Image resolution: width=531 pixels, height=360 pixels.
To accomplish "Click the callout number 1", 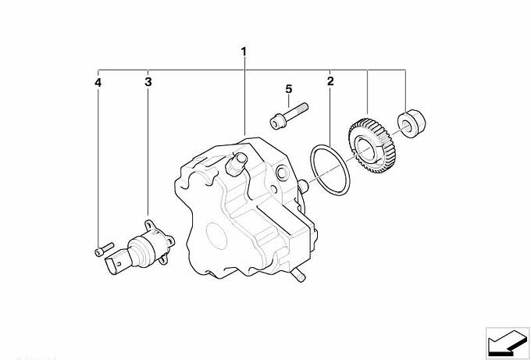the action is pos(244,52).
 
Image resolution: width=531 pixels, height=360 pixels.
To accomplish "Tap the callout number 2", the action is pos(330,81).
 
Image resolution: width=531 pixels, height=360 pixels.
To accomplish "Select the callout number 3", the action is pos(148,82).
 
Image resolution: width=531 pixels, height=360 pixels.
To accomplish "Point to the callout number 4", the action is pos(98,83).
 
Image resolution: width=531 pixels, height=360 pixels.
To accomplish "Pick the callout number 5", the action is pos(288,89).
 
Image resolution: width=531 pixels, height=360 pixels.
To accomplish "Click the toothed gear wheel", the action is pos(370,145).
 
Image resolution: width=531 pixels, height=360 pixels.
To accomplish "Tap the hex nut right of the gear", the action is pos(411,123).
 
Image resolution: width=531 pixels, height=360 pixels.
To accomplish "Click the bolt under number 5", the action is pos(289,116).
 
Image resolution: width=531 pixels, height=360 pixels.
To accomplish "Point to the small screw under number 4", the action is pos(104,249).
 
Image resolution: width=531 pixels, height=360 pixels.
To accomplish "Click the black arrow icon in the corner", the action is pos(508,343).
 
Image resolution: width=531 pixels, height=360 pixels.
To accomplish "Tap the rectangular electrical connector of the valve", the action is pos(114,262).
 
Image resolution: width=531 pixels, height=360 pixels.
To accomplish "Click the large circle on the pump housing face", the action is pos(217,236).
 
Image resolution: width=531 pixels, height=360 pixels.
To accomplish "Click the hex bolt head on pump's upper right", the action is pos(282,173).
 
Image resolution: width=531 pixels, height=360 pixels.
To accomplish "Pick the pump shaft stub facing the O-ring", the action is pos(303,186).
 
